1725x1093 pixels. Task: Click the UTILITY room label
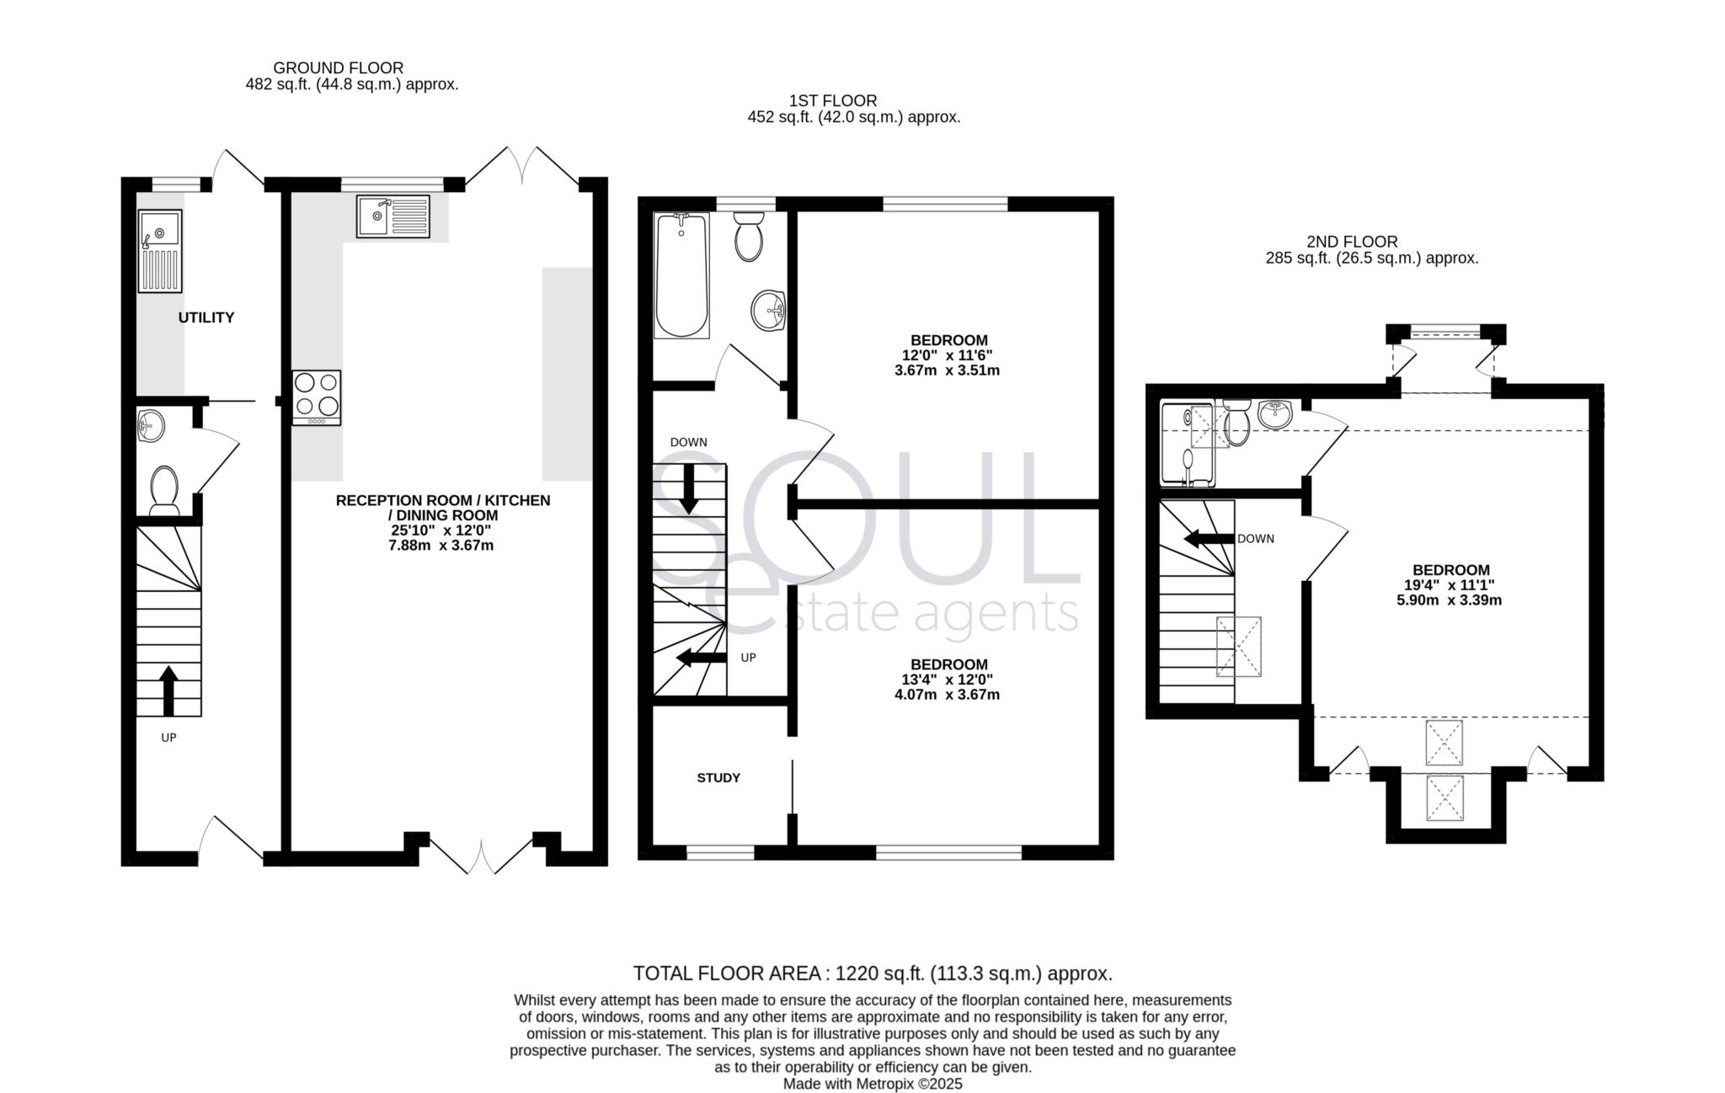206,317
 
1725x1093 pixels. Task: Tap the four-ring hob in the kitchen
317,397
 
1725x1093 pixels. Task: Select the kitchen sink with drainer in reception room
393,216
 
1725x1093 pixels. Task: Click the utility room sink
160,250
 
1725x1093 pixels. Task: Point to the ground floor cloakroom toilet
163,490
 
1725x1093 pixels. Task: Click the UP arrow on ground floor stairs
168,690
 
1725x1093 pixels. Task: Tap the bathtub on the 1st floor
681,275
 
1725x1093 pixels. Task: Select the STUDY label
718,777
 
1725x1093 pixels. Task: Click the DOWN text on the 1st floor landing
688,442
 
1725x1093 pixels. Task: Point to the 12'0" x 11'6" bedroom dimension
948,355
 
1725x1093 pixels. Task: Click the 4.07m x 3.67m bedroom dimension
948,695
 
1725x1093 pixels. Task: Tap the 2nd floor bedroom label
1450,570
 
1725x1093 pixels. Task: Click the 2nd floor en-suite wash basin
1275,413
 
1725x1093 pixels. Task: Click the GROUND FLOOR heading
338,67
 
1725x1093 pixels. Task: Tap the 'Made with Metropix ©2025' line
873,1084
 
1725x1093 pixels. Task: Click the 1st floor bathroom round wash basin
767,311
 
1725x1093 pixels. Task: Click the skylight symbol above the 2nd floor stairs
1238,646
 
